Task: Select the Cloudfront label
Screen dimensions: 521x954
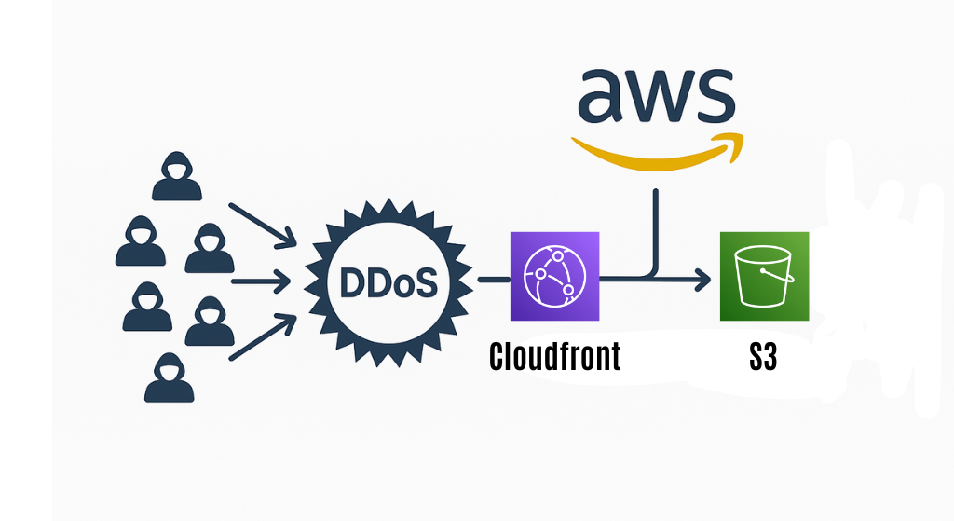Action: click(x=554, y=358)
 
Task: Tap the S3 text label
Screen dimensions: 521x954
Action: click(x=763, y=358)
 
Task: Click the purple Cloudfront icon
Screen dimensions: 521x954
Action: click(x=554, y=277)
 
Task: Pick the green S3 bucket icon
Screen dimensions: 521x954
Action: click(x=764, y=277)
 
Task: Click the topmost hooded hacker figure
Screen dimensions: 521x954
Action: click(x=177, y=177)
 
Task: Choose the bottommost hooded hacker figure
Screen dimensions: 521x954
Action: click(x=169, y=377)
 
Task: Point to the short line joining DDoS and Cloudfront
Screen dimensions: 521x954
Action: click(x=493, y=278)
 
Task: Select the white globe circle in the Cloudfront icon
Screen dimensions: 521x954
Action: click(x=554, y=276)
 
